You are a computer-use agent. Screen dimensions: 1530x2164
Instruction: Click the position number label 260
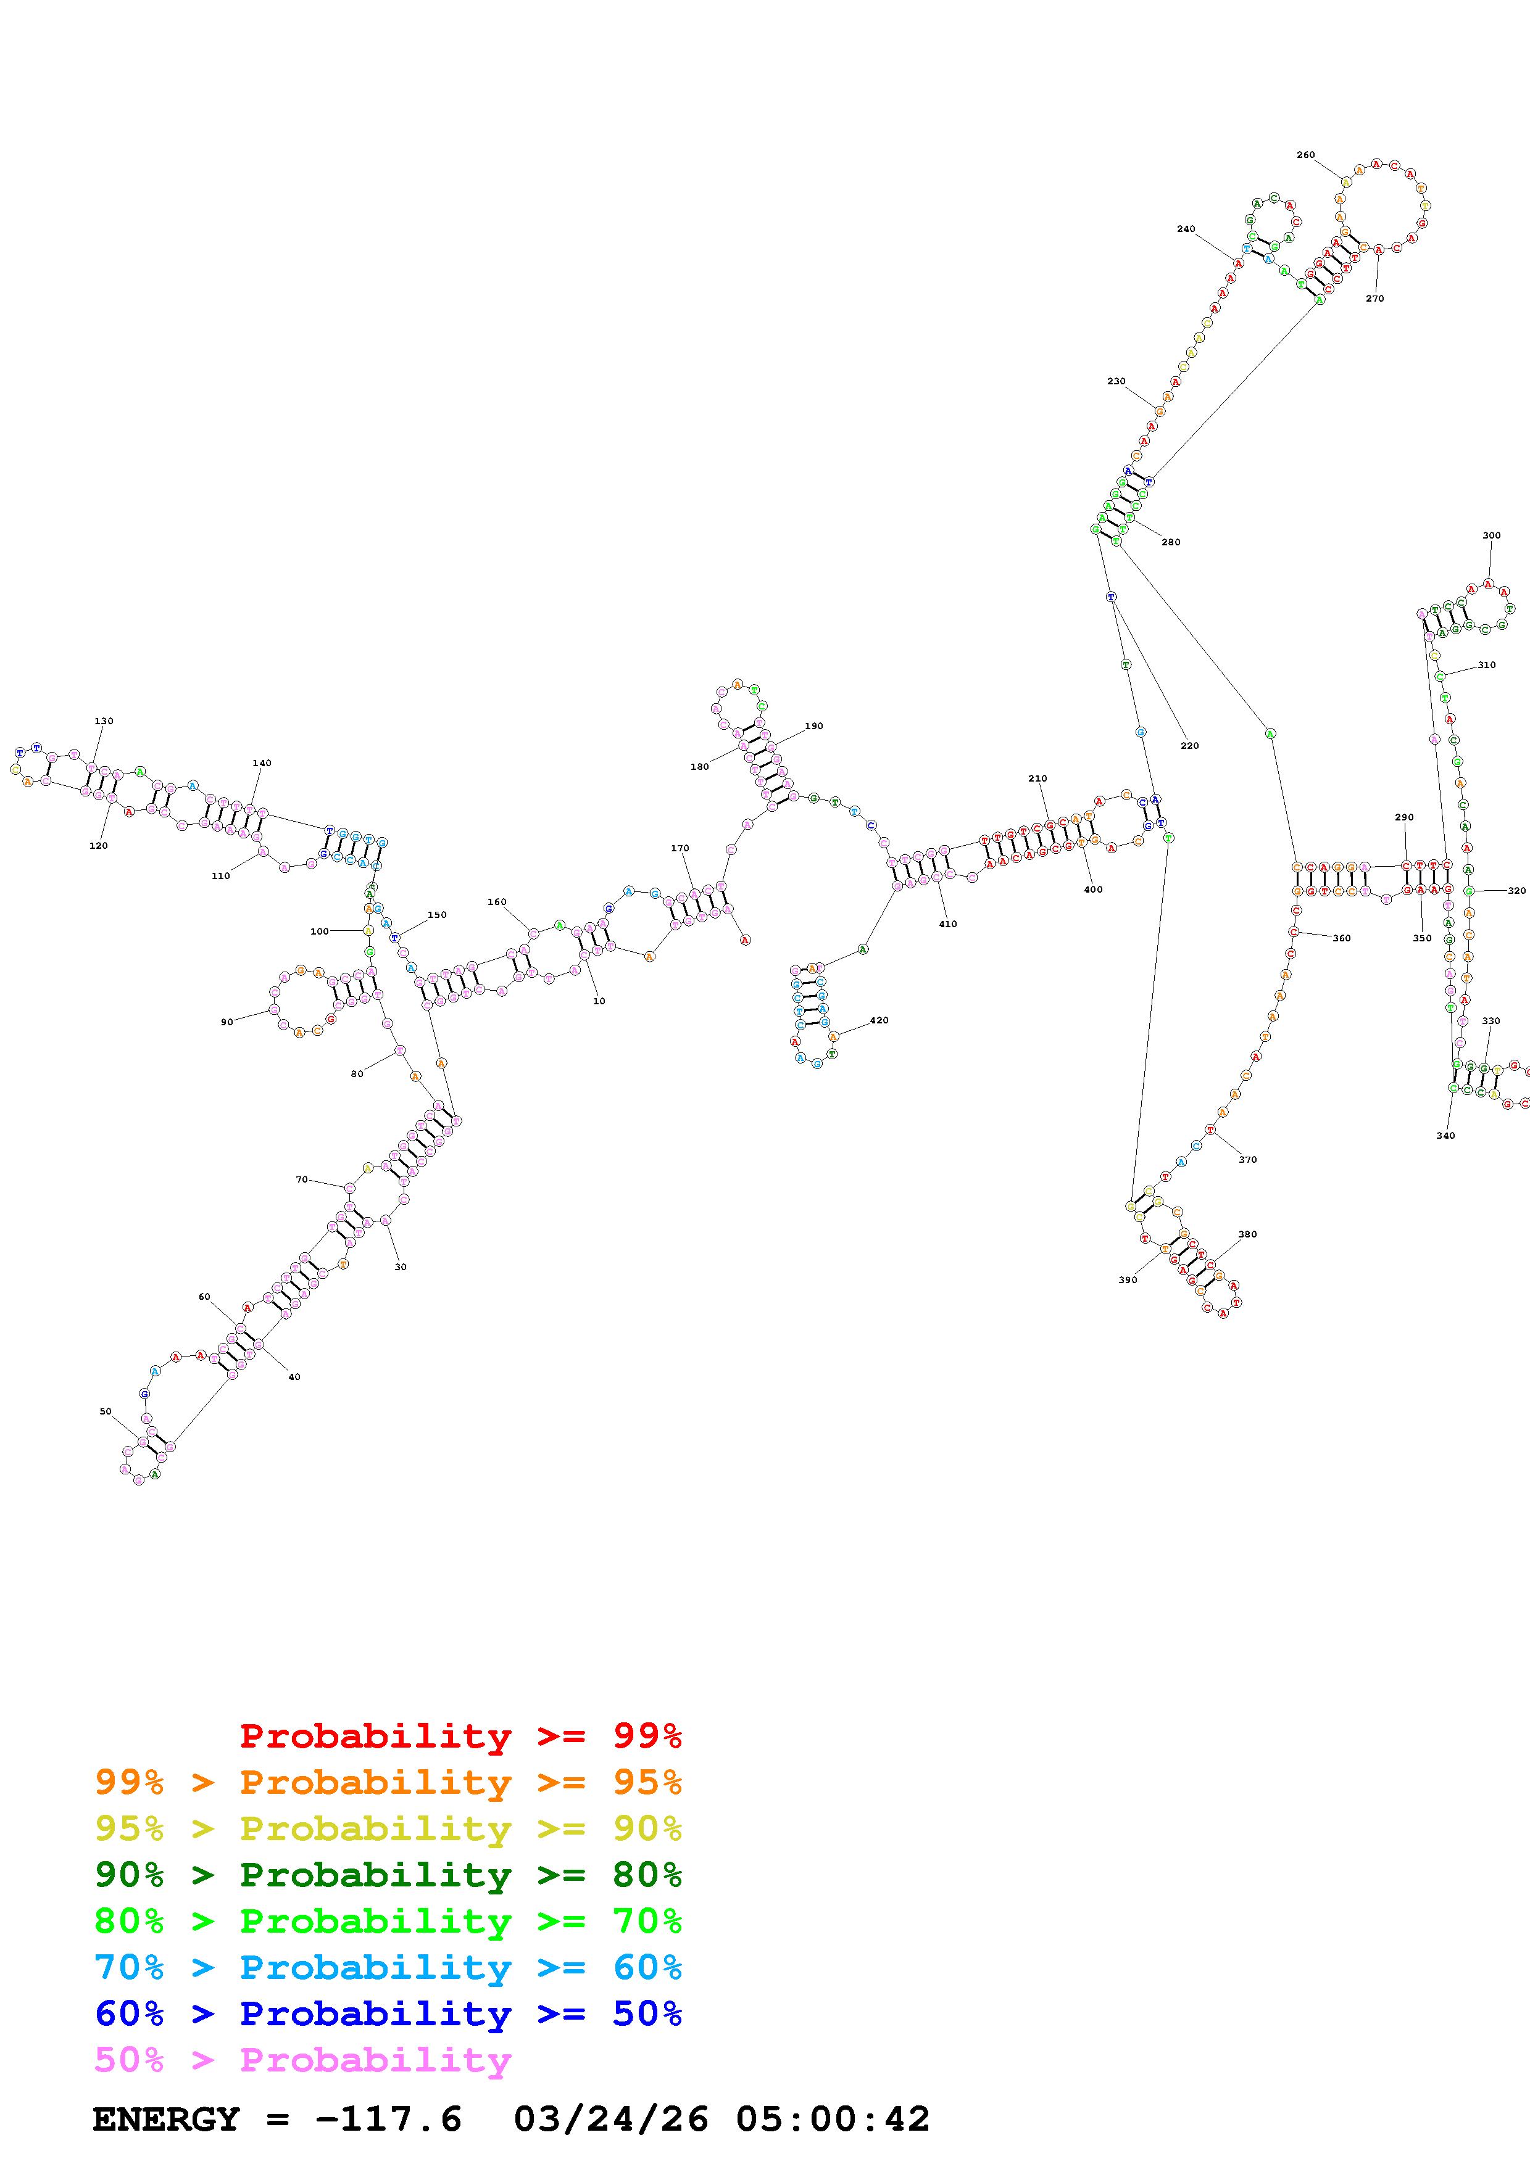tap(1305, 155)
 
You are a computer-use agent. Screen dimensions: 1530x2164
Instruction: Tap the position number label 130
tap(104, 721)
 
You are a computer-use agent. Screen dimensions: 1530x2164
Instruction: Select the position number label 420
tap(879, 1020)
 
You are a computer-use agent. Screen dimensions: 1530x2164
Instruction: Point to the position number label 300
tap(1491, 535)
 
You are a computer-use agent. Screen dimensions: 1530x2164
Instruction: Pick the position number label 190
tap(813, 725)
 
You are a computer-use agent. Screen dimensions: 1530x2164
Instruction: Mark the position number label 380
tap(1247, 1234)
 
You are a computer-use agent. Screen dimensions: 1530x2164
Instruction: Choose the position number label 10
tap(599, 1001)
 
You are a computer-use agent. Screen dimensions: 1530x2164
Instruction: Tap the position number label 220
tap(1190, 746)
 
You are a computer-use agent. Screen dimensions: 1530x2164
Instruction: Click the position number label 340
tap(1445, 1136)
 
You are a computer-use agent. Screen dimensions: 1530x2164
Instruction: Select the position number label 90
tap(227, 1022)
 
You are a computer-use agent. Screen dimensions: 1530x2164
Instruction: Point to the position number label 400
tap(1092, 890)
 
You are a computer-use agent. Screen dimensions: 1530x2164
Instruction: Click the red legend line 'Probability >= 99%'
tap(460, 1736)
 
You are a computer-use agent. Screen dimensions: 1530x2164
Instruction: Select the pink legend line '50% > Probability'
tap(302, 2060)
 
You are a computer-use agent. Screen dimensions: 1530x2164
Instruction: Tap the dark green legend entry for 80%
tap(388, 1875)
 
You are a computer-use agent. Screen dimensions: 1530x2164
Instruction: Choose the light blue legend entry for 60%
tap(388, 1968)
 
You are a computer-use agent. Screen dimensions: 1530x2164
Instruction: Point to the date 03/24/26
tap(610, 2120)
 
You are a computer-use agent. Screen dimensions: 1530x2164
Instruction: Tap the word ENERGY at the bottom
tap(166, 2120)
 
